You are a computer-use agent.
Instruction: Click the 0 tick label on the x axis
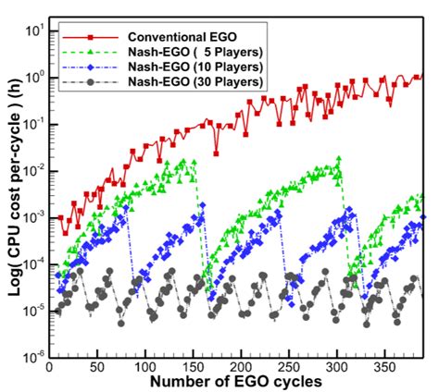tap(52, 366)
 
